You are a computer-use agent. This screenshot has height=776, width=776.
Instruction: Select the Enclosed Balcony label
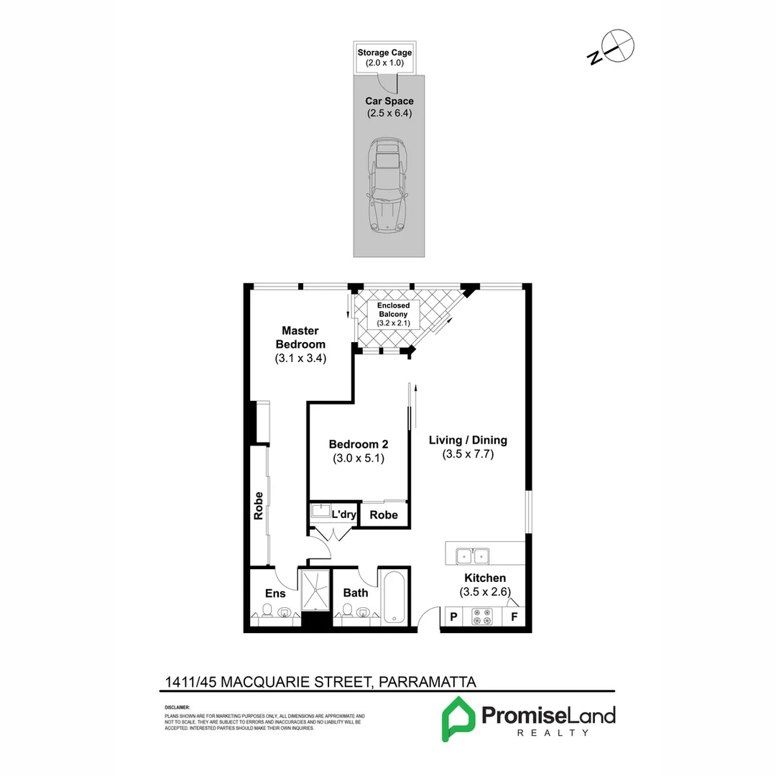click(393, 310)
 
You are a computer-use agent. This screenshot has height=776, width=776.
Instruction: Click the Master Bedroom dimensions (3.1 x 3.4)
click(300, 358)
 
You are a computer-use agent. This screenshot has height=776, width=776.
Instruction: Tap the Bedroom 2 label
click(358, 444)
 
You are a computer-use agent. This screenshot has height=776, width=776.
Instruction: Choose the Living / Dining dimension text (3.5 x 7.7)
click(468, 454)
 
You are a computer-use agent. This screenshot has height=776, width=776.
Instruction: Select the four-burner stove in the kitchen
click(481, 616)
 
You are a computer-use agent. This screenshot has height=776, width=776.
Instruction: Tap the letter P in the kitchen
click(453, 616)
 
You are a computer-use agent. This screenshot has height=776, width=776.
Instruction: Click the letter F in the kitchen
click(514, 616)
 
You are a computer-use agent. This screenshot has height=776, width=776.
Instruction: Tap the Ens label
click(275, 593)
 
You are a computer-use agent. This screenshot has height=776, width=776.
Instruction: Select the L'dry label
click(344, 514)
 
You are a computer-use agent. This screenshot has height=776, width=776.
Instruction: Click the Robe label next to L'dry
click(384, 514)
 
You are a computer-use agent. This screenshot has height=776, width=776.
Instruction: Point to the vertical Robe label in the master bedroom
click(258, 505)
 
